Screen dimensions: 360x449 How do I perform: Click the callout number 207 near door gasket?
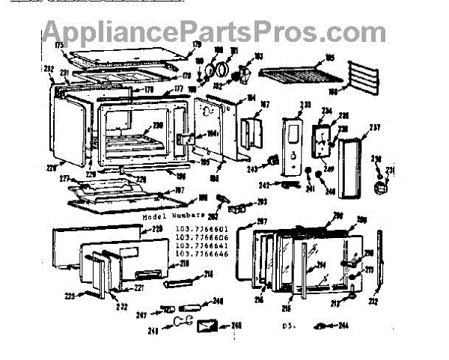tap(262, 221)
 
